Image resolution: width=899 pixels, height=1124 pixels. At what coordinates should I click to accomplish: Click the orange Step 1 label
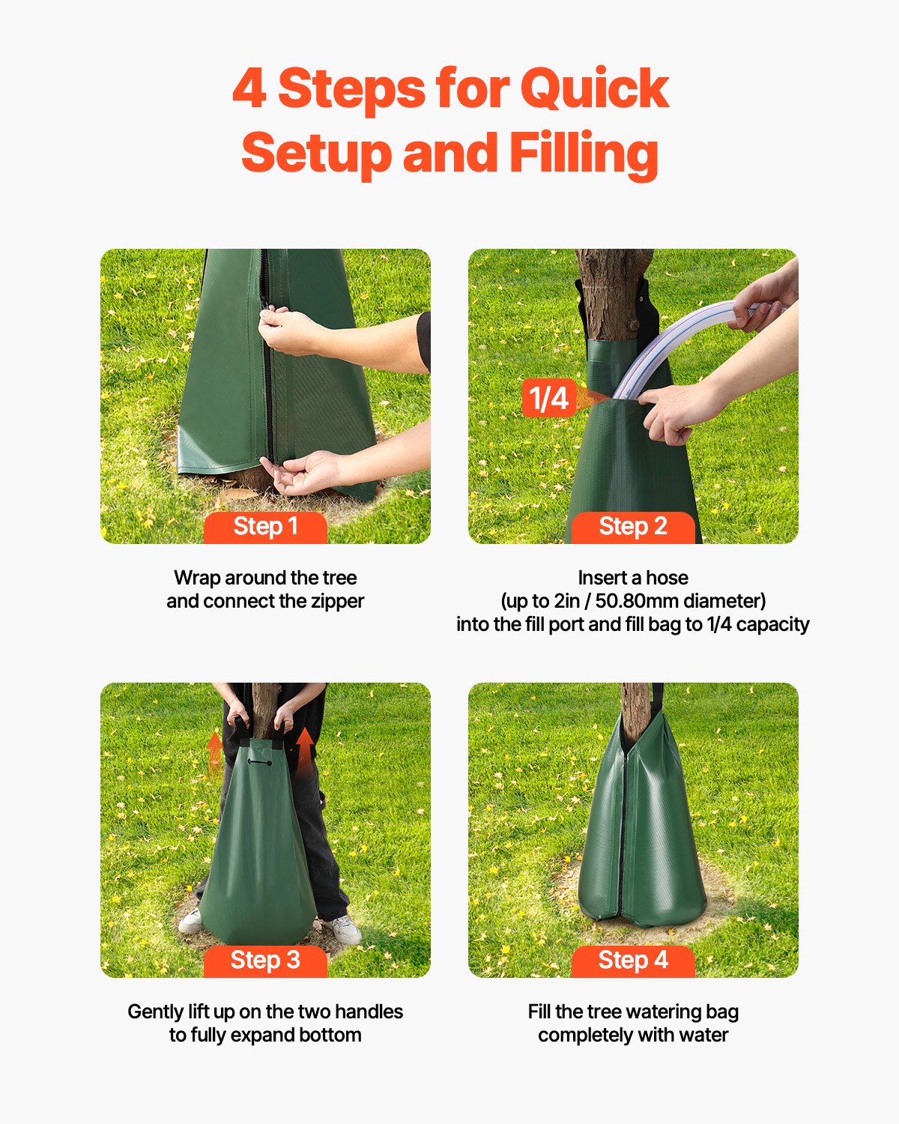pyautogui.click(x=265, y=527)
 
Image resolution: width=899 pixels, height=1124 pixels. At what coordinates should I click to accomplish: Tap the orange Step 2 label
pyautogui.click(x=633, y=527)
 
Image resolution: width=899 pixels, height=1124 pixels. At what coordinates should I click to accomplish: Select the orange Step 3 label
pyautogui.click(x=265, y=961)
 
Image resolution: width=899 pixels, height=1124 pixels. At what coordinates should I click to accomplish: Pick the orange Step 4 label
pyautogui.click(x=633, y=961)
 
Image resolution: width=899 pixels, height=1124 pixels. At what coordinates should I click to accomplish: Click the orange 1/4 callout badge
pyautogui.click(x=548, y=398)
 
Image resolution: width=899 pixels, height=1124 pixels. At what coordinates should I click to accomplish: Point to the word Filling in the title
pyautogui.click(x=584, y=154)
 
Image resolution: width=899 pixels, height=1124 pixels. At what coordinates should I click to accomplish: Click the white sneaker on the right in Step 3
pyautogui.click(x=345, y=929)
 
